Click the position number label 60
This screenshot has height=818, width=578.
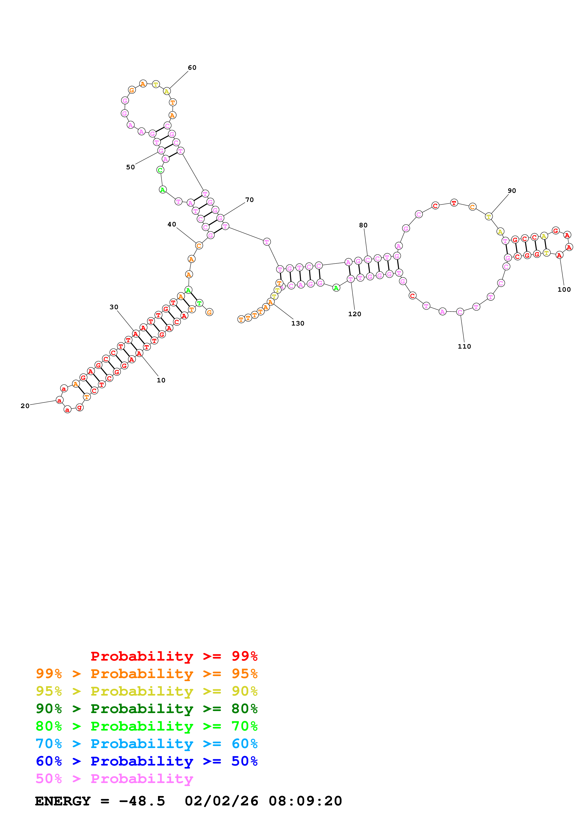[x=192, y=68]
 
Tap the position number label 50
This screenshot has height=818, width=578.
[x=130, y=167]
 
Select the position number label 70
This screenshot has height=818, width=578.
[x=249, y=200]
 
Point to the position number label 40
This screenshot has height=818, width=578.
[x=172, y=225]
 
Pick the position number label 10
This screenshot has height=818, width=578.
[x=161, y=380]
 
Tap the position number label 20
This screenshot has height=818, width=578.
[x=25, y=406]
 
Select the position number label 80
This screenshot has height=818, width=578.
[x=363, y=225]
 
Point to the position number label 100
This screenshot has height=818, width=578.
[x=564, y=290]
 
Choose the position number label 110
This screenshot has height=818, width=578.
[x=464, y=346]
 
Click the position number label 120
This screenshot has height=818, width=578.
[x=354, y=314]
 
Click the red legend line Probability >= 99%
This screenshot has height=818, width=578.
[x=174, y=656]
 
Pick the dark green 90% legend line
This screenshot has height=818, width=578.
[x=146, y=709]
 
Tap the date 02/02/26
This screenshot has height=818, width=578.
[x=221, y=801]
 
